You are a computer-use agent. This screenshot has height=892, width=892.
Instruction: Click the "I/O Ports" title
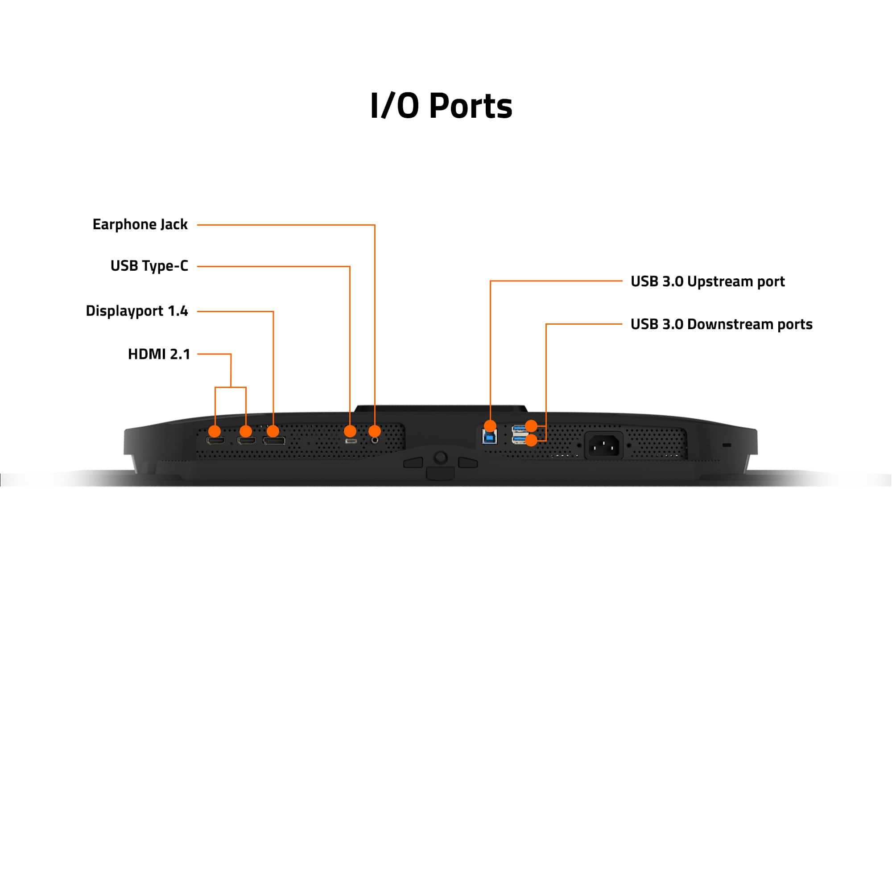(441, 106)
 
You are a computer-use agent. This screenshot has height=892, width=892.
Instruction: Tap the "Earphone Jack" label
(140, 224)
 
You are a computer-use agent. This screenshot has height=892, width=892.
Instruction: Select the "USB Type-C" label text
(149, 266)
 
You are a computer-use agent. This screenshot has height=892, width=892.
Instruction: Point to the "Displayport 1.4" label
(136, 311)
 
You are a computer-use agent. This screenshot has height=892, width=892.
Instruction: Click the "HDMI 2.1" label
(159, 354)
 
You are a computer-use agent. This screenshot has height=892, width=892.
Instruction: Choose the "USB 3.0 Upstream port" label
(707, 281)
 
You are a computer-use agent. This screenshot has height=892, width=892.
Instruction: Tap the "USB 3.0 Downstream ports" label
(721, 324)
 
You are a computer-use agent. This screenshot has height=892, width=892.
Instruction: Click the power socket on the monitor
(604, 445)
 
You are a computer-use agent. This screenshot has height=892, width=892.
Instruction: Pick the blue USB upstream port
(489, 436)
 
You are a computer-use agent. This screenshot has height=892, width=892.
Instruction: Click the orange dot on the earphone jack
(375, 431)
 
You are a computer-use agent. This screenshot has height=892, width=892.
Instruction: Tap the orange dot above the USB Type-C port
(350, 431)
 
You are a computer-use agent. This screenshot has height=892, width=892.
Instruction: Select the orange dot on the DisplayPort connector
(273, 431)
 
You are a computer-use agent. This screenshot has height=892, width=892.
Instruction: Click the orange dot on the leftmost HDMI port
(215, 431)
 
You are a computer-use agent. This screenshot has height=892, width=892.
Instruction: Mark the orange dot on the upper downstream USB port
(532, 425)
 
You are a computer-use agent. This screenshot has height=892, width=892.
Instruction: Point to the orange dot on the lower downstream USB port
(532, 441)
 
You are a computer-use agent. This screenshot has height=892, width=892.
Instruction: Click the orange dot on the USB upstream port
(490, 425)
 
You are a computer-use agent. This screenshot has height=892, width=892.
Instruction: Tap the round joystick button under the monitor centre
(441, 458)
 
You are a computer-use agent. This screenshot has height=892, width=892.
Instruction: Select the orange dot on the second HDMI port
(246, 431)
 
